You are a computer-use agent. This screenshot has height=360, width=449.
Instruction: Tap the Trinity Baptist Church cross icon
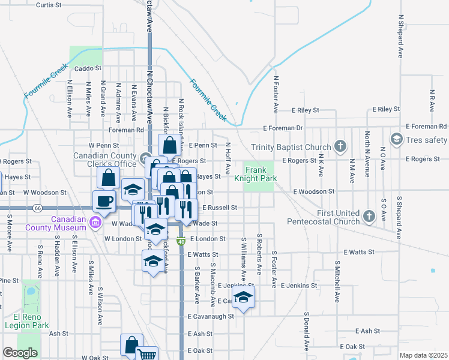click(340, 147)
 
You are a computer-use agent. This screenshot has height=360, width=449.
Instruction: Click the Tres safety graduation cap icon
click(396, 140)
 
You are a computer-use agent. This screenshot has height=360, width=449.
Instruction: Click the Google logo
click(20, 353)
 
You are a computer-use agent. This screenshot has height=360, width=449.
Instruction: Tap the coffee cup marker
click(103, 202)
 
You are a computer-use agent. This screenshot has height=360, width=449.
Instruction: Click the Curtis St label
click(49, 5)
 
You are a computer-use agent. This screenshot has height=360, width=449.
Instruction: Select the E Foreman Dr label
click(283, 128)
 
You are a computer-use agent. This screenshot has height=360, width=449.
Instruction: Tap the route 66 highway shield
click(37, 208)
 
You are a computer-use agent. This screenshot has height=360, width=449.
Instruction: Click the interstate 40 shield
click(181, 241)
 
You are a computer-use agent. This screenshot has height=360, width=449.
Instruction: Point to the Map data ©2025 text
click(423, 355)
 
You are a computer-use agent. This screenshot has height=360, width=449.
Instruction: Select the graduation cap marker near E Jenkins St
click(243, 298)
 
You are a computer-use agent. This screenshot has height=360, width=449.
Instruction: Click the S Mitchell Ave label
click(337, 281)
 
